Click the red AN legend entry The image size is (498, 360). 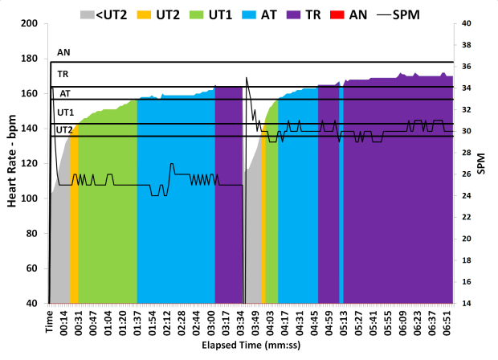[x=363, y=14]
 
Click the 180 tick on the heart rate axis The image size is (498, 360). [x=31, y=59]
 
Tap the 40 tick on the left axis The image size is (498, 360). [x=34, y=304]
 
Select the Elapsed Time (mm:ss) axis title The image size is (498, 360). [x=251, y=346]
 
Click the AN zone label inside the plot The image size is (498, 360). [x=63, y=52]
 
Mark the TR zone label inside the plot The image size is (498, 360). [x=63, y=74]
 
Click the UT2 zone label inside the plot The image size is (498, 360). [x=64, y=129]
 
